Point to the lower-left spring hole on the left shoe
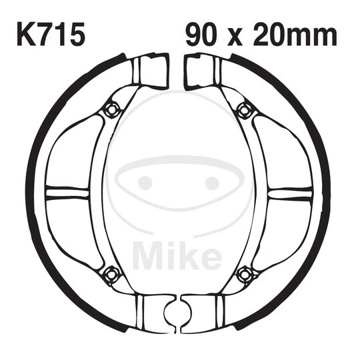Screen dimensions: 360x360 coord(112,272)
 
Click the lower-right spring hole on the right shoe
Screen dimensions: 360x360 coord(246,272)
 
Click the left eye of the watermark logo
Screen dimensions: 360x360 coord(146,183)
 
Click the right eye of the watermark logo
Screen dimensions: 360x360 coord(212,183)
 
